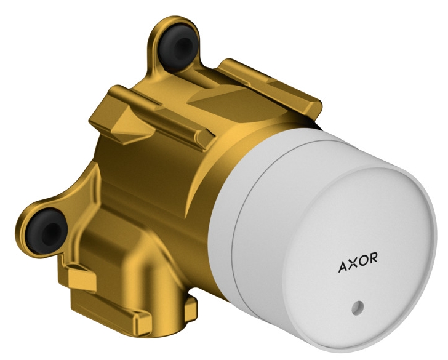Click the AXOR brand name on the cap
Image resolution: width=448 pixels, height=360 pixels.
pyautogui.click(x=358, y=267)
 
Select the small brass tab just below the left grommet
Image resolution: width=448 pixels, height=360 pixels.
pyautogui.click(x=79, y=280)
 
